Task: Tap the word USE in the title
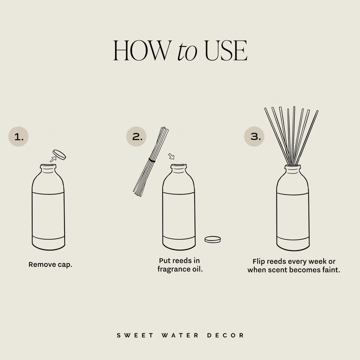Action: click(224, 51)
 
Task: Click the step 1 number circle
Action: click(18, 136)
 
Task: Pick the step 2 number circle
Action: click(136, 136)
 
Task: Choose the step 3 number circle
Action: click(254, 136)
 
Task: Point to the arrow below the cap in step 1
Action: click(52, 159)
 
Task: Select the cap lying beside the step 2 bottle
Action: click(212, 239)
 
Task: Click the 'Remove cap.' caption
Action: click(50, 264)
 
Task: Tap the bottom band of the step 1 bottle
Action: click(48, 242)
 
